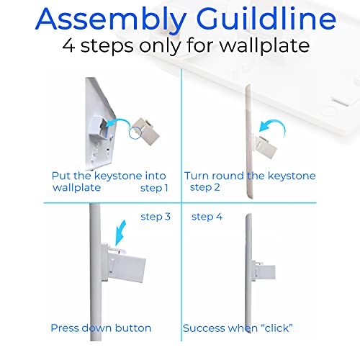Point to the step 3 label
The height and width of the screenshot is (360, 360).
tap(156, 216)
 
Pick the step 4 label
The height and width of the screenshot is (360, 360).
tap(206, 216)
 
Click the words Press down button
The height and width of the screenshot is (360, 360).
tap(101, 328)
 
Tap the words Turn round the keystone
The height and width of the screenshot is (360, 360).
tap(250, 176)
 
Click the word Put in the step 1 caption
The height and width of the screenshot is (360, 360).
tap(60, 176)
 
